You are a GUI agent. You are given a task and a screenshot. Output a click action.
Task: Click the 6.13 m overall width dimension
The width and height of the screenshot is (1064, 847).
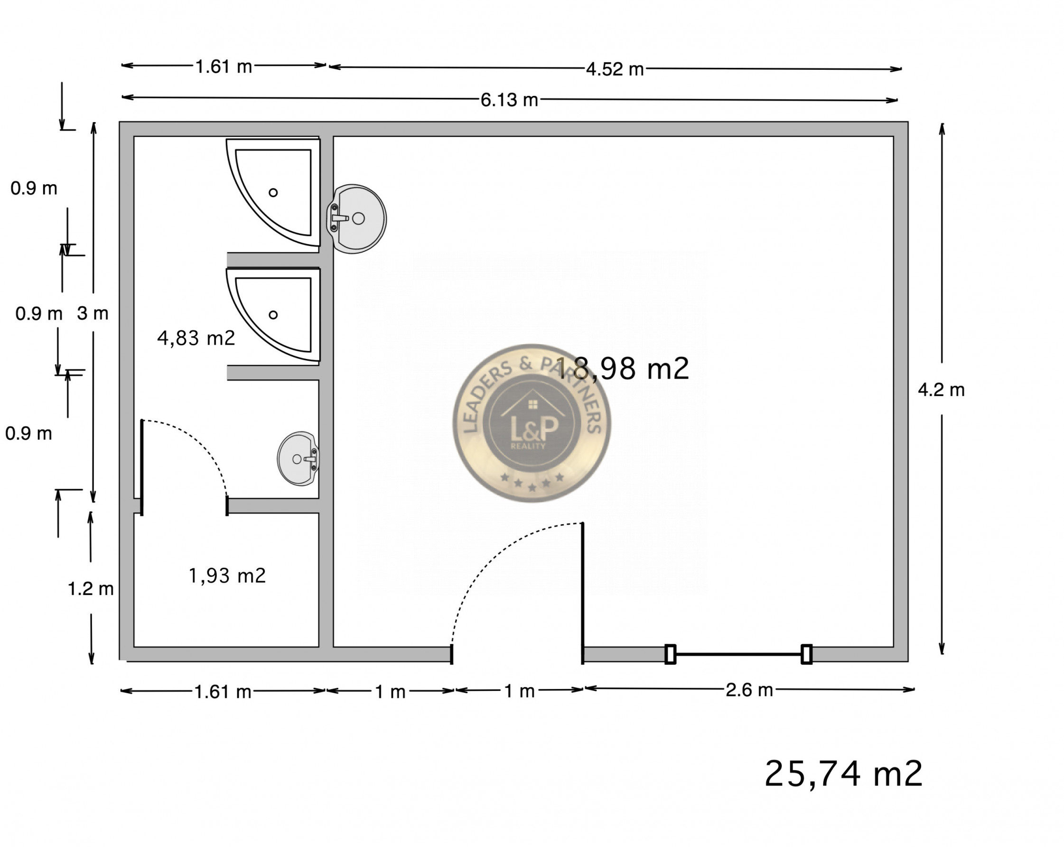[509, 100]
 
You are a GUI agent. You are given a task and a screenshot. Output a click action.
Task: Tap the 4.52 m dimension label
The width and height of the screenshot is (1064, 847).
[615, 69]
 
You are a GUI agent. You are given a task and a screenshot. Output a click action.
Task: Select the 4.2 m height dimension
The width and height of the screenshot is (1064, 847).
[941, 390]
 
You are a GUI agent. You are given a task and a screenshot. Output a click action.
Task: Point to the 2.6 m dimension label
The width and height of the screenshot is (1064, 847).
[749, 690]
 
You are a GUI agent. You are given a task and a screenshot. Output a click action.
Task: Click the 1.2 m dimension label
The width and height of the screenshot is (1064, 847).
[90, 588]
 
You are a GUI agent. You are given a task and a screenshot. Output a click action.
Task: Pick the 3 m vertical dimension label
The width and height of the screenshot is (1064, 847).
[93, 313]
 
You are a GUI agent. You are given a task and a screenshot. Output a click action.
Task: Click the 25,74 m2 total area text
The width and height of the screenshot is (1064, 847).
[843, 773]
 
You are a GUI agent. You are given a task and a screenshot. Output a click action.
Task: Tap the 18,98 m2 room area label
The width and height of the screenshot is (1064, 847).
[622, 368]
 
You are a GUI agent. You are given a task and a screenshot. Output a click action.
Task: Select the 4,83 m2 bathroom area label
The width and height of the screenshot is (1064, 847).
[196, 338]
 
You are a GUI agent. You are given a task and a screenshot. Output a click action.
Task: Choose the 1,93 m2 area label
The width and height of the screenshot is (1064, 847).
[227, 575]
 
